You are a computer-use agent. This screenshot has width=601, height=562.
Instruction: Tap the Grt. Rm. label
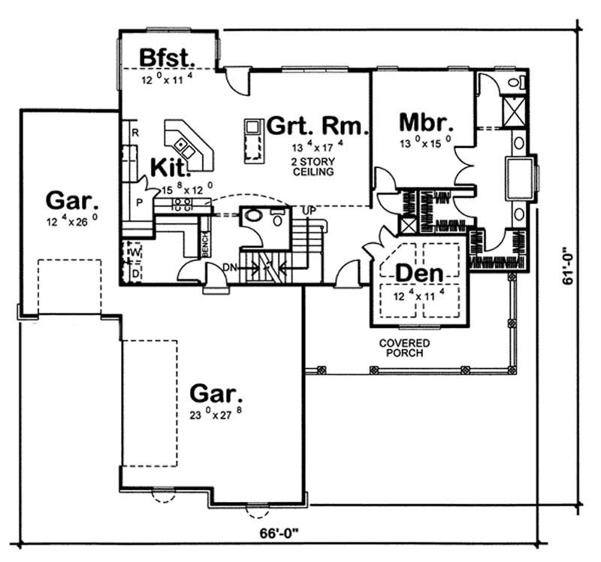point(316,125)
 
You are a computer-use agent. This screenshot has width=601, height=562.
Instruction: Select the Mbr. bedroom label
point(424,122)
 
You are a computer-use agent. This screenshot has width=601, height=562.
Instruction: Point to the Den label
point(418,274)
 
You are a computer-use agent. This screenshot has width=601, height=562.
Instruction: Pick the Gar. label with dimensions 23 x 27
point(216,393)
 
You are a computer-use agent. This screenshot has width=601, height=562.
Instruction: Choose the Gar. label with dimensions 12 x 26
point(71,200)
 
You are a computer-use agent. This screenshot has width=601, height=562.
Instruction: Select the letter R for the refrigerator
point(135,133)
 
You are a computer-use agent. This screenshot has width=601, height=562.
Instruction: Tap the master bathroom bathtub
point(518,179)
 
